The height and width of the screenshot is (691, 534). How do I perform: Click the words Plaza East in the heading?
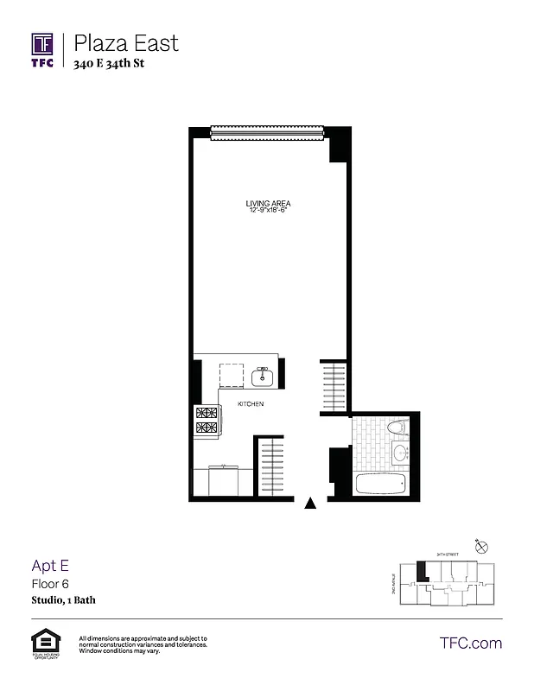click(126, 42)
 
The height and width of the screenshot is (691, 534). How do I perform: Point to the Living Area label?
click(268, 204)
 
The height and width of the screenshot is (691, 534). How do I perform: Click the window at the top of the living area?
click(268, 131)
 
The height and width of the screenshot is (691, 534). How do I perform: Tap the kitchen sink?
click(262, 376)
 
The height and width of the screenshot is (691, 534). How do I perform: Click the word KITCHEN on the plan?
click(251, 404)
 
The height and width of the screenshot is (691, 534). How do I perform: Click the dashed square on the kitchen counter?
click(232, 376)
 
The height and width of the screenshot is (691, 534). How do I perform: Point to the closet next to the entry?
click(272, 467)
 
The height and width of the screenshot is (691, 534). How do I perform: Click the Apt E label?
click(50, 567)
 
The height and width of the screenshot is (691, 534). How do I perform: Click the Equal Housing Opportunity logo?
click(42, 643)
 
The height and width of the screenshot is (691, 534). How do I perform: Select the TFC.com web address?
click(471, 643)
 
